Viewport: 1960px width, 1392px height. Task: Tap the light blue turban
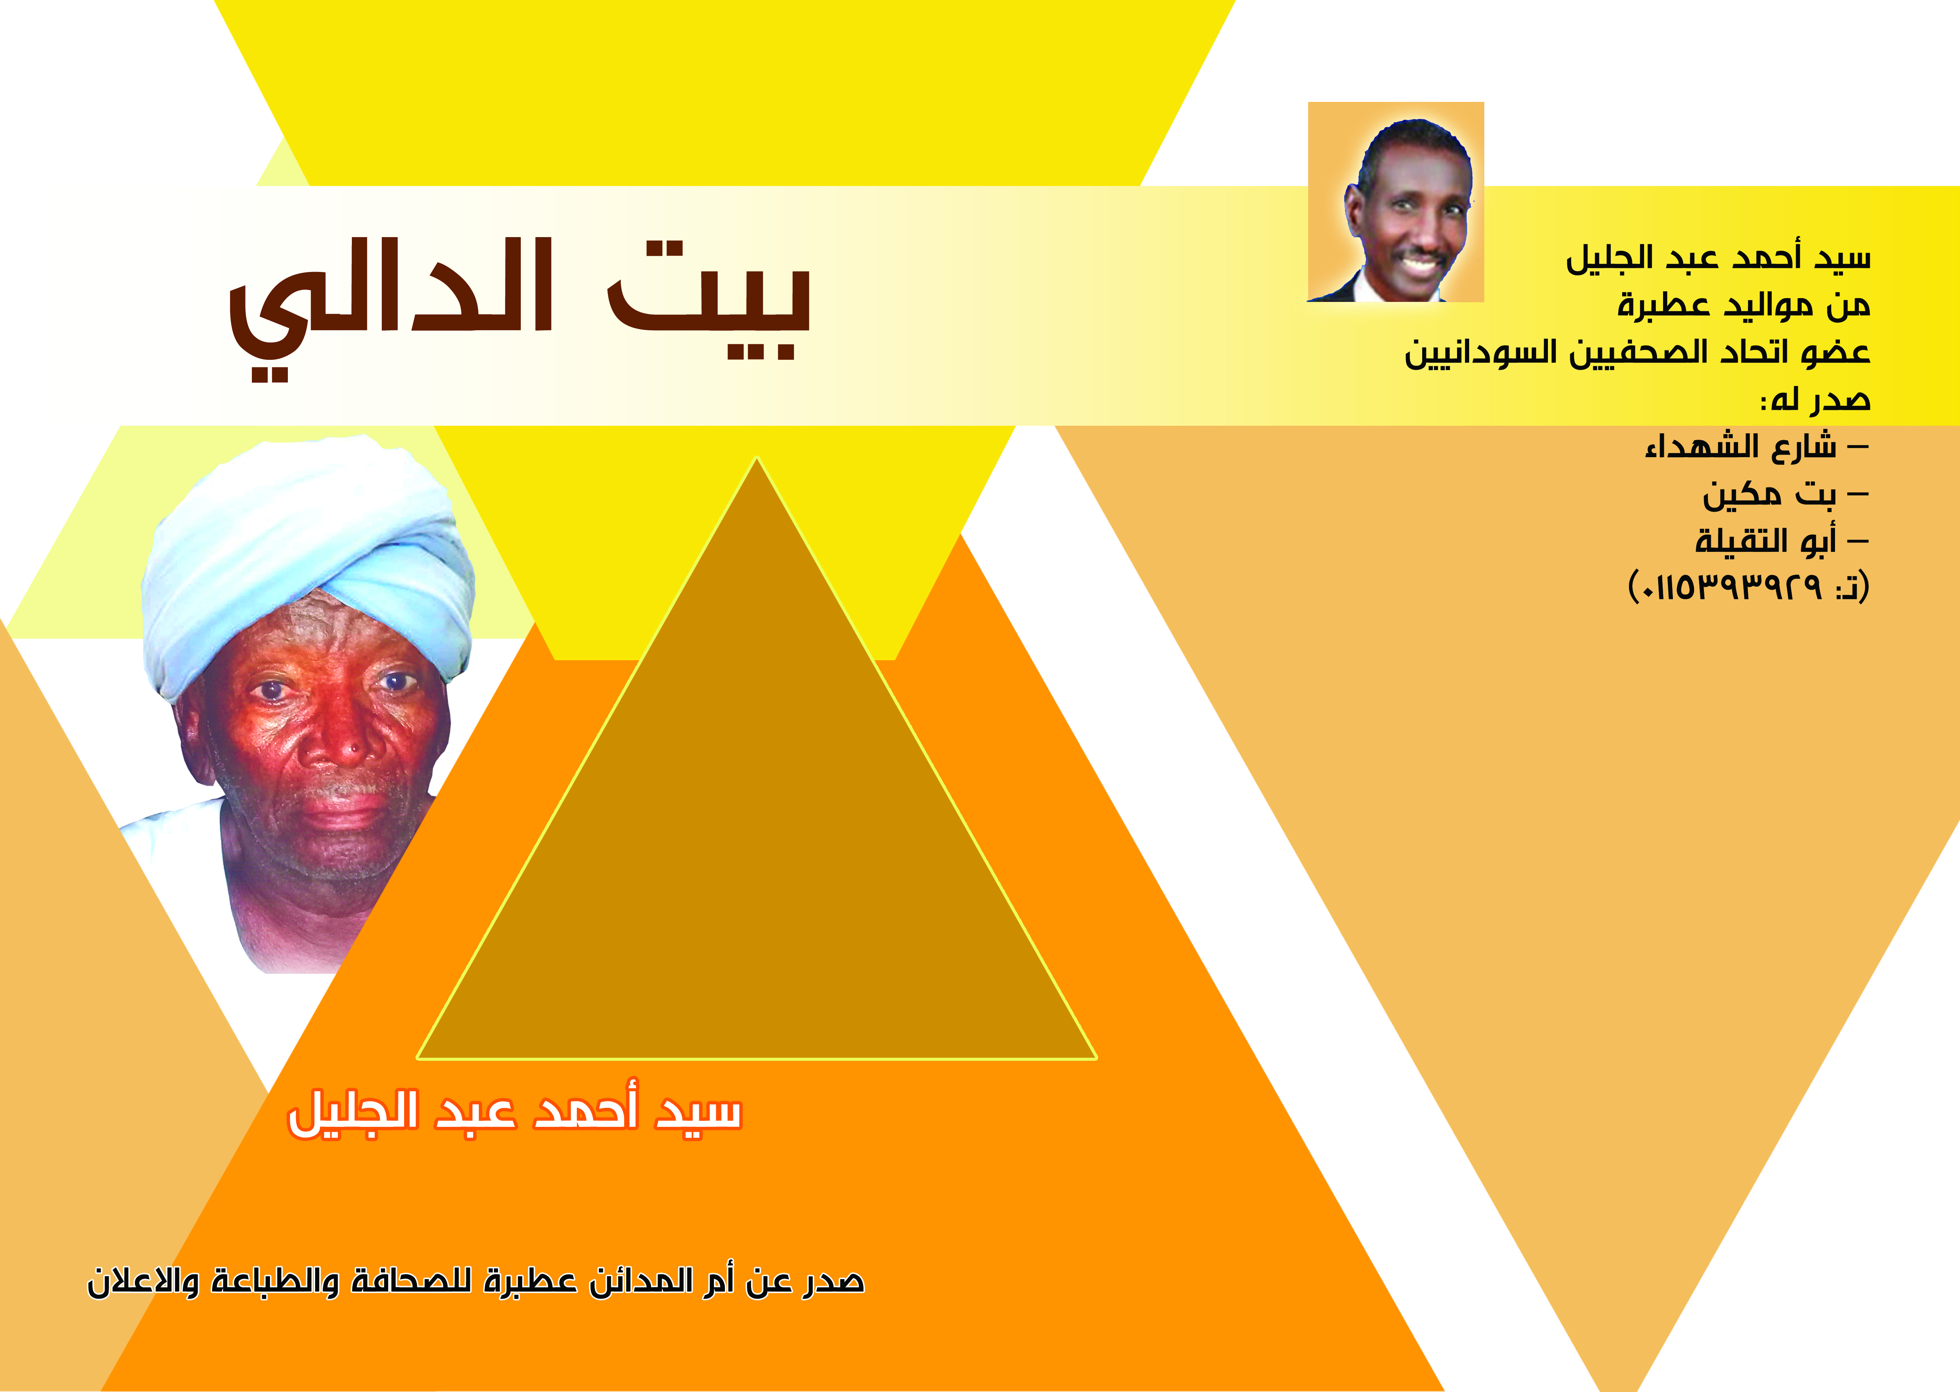[x=309, y=557]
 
